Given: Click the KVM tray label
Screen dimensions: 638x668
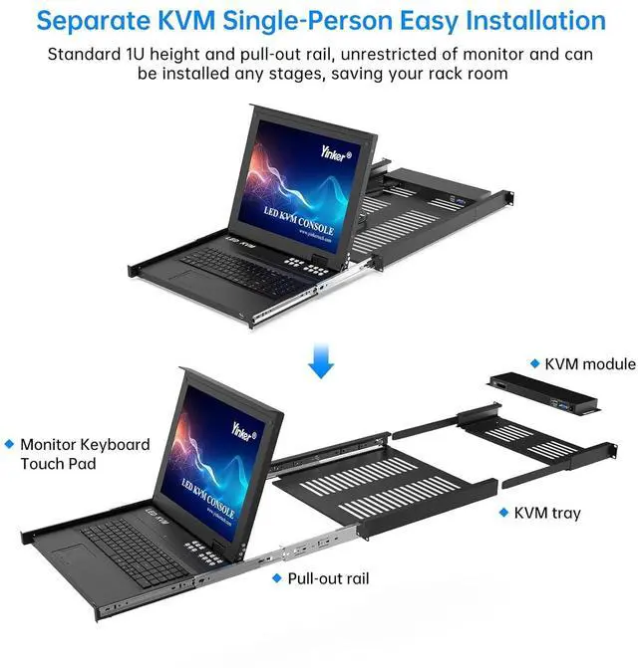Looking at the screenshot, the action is pyautogui.click(x=547, y=514).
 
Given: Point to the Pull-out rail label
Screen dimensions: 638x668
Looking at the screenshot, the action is pyautogui.click(x=328, y=577).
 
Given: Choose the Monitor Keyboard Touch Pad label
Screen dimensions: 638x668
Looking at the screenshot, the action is pyautogui.click(x=85, y=454).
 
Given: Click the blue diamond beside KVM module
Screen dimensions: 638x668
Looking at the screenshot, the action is pyautogui.click(x=533, y=364).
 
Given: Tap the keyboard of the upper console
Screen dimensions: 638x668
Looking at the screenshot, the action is pyautogui.click(x=237, y=266).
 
